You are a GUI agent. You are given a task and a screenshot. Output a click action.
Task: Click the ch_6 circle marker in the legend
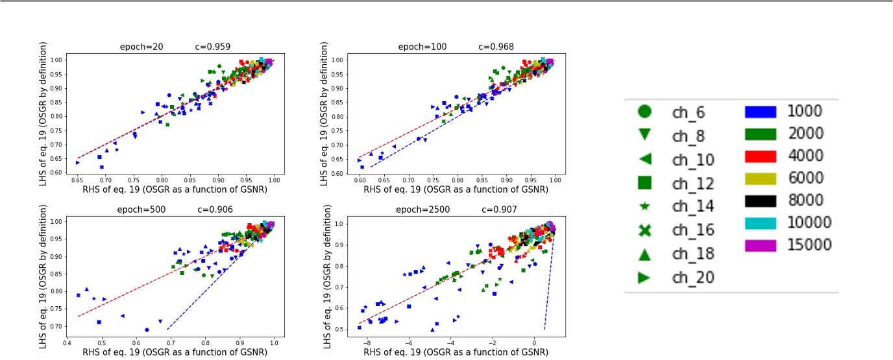644,112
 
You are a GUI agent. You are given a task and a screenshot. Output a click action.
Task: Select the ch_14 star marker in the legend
644,206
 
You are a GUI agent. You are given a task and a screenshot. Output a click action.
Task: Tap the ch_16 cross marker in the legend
644,230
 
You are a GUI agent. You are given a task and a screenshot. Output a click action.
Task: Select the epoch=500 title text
139,210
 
